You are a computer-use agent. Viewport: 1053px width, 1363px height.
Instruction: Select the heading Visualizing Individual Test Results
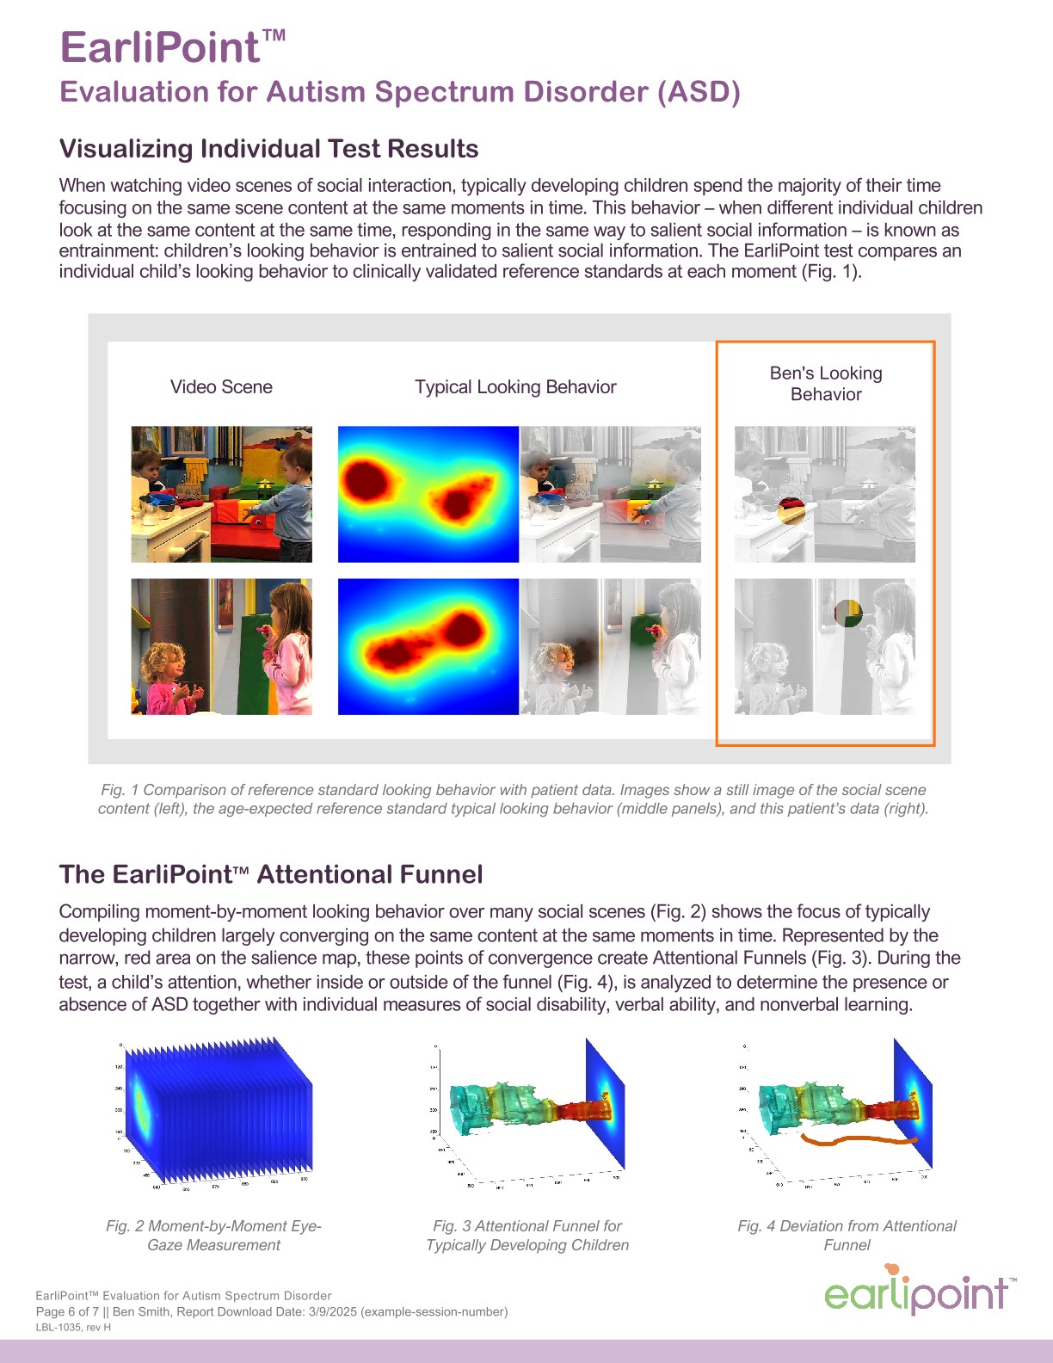click(268, 149)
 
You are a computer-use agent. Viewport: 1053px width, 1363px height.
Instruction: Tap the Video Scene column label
click(221, 387)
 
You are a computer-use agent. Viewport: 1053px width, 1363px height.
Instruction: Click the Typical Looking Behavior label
click(515, 387)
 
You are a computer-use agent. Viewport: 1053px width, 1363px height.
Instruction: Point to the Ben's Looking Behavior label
click(826, 384)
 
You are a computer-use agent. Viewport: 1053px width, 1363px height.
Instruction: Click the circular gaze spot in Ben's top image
click(791, 510)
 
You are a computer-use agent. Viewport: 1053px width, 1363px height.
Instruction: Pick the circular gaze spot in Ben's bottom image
click(848, 613)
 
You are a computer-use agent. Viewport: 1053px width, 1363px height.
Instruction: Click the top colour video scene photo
click(222, 494)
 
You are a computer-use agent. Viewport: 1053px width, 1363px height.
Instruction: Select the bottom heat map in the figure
click(428, 646)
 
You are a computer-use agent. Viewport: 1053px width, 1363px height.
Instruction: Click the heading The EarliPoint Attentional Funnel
click(271, 874)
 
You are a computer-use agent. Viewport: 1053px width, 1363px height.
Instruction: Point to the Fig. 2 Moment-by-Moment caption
click(213, 1235)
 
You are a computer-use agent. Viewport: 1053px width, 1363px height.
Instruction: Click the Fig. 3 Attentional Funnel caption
click(527, 1235)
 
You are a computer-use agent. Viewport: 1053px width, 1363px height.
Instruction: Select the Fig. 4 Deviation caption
click(847, 1235)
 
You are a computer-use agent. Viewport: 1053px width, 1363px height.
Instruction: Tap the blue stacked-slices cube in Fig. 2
click(215, 1114)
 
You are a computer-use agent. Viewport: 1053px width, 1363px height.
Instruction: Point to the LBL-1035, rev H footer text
click(73, 1327)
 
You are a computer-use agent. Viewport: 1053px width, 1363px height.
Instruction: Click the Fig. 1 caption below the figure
click(514, 799)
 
